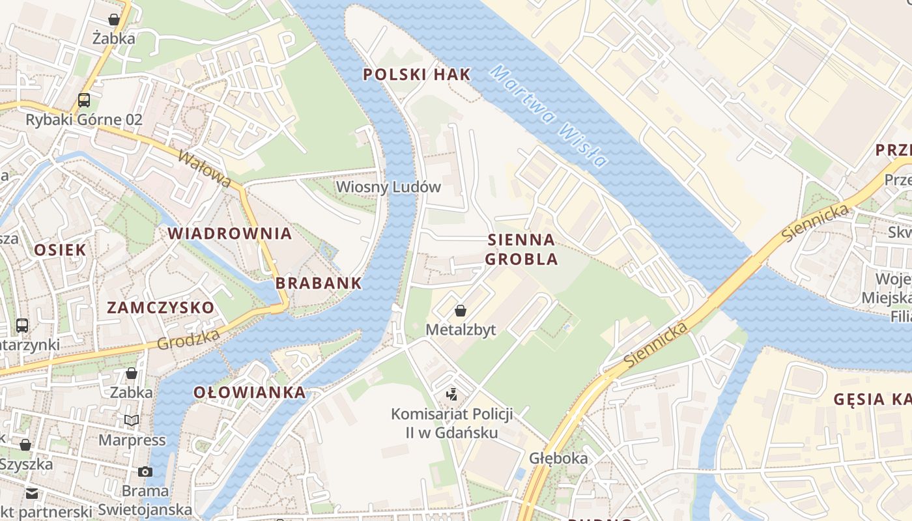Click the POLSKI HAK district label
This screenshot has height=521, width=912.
[x=416, y=74]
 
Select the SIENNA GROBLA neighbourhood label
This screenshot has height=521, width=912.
[x=521, y=249]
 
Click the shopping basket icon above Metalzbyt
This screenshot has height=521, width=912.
[x=461, y=311]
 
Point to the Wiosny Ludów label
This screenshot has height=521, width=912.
[x=388, y=187]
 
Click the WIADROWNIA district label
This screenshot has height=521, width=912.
[x=229, y=233]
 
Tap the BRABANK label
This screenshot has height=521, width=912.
[x=318, y=283]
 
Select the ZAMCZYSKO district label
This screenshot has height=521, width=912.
[x=160, y=307]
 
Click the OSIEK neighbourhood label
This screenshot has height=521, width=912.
[x=60, y=249]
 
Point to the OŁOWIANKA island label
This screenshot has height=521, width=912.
[x=249, y=392]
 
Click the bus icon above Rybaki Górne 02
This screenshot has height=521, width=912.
[x=84, y=100]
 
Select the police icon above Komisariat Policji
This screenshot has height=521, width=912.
[x=451, y=394]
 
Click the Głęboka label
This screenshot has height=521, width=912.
[x=558, y=458]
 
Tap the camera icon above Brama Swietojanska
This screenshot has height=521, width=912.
[x=145, y=472]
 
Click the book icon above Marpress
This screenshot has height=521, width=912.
[x=132, y=421]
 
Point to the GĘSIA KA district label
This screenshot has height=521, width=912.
[x=872, y=399]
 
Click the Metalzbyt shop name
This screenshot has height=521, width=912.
[x=461, y=330]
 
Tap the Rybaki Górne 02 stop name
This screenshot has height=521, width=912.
[x=84, y=120]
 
